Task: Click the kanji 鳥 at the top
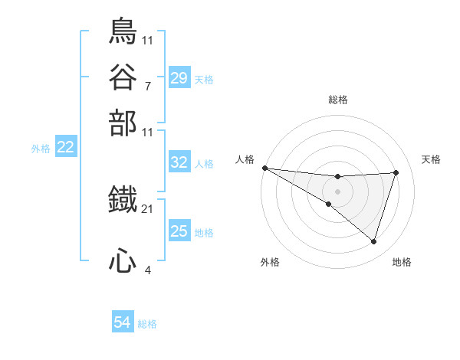(x=123, y=31)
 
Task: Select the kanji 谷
(x=123, y=77)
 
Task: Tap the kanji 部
(x=123, y=122)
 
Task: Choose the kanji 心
(x=123, y=262)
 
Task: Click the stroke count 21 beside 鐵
(x=148, y=208)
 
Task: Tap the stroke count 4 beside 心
(x=147, y=270)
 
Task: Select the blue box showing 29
(x=179, y=77)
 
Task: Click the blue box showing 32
(x=179, y=162)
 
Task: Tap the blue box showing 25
(x=179, y=231)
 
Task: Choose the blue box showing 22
(x=65, y=148)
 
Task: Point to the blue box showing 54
(x=122, y=323)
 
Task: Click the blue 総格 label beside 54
(x=147, y=324)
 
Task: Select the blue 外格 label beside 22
(x=41, y=149)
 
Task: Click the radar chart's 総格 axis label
(x=337, y=100)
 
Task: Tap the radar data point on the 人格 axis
(x=264, y=168)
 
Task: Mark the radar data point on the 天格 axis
(x=396, y=172)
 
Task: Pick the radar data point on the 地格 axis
(x=373, y=241)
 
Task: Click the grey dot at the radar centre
(x=337, y=191)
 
